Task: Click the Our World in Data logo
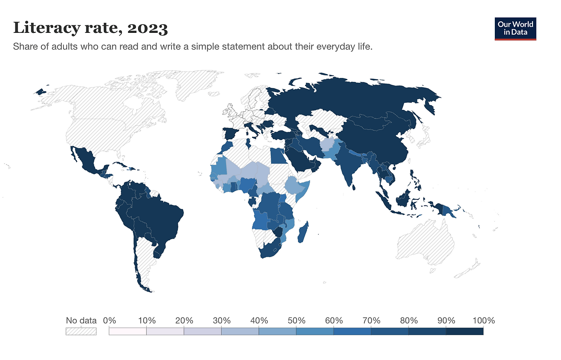(x=515, y=29)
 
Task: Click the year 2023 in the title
(x=147, y=28)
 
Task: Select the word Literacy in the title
(x=46, y=28)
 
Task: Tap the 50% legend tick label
(x=296, y=321)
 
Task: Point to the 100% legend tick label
(x=483, y=321)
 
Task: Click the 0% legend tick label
(x=110, y=321)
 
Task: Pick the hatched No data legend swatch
(x=81, y=331)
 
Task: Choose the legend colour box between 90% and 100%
(x=465, y=331)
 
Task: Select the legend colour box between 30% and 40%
(x=240, y=331)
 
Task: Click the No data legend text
(x=81, y=321)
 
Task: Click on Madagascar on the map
(x=303, y=232)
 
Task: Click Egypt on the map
(x=278, y=156)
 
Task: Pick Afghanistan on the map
(x=329, y=145)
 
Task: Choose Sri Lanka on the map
(x=354, y=187)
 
